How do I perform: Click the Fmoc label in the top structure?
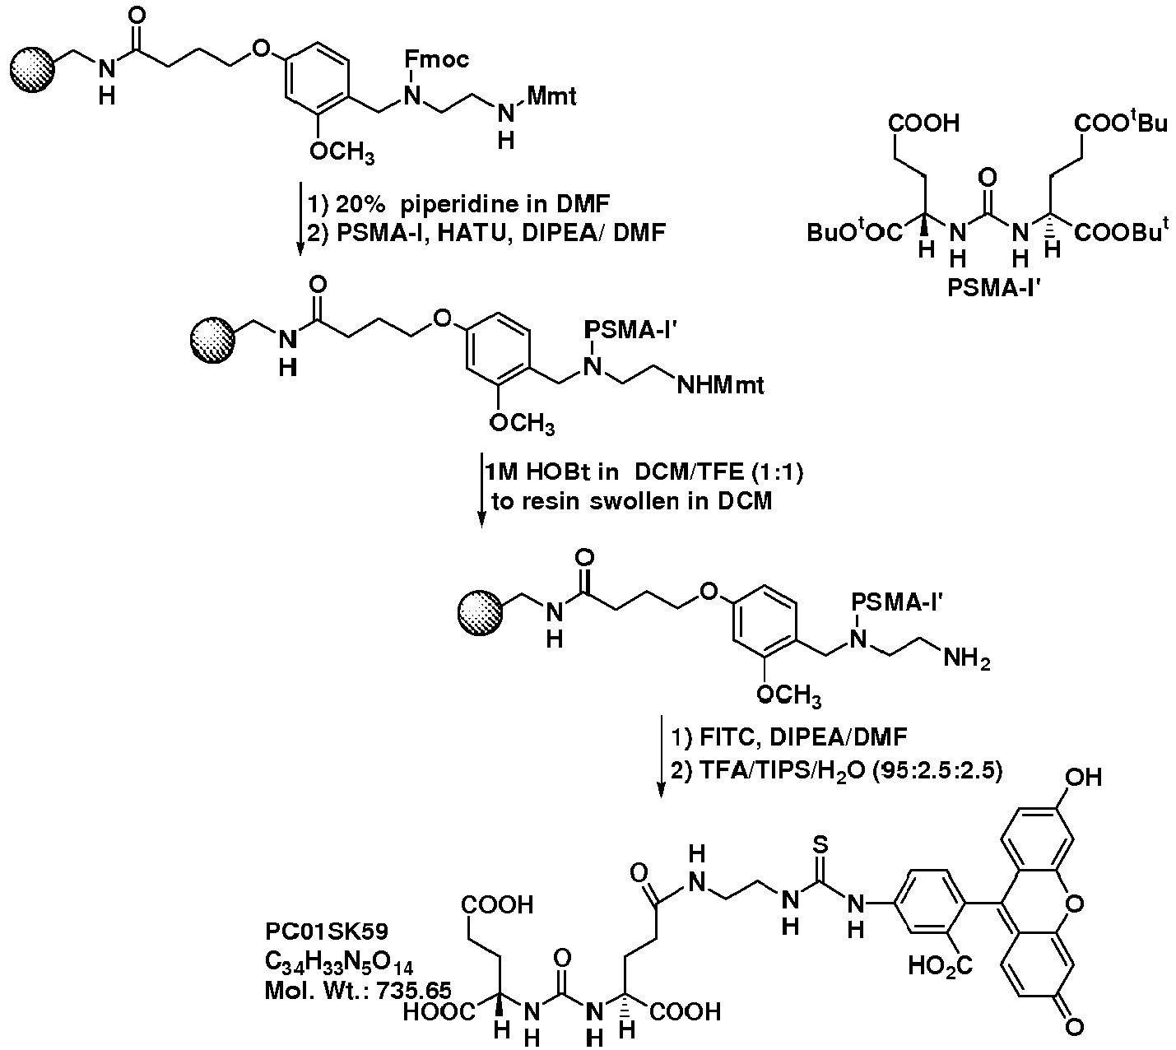click(x=436, y=59)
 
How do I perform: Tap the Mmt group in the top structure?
click(x=551, y=95)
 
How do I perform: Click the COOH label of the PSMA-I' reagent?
click(x=923, y=123)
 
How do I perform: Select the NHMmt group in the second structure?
click(x=720, y=385)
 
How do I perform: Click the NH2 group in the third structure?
click(x=966, y=659)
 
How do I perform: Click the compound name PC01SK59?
click(x=327, y=931)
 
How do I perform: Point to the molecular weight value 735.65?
click(x=414, y=990)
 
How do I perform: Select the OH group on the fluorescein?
click(x=1083, y=777)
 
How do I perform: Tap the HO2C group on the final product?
click(x=941, y=966)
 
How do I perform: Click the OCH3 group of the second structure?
click(x=522, y=423)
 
